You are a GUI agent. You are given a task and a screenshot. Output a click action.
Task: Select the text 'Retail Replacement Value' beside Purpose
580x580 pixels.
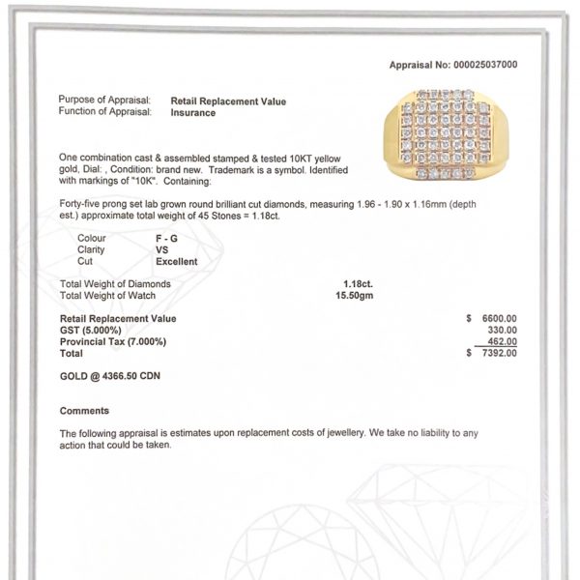228,101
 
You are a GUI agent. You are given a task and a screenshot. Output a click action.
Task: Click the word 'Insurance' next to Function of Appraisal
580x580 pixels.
193,112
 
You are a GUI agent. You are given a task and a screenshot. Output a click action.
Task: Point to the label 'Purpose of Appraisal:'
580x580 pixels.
104,101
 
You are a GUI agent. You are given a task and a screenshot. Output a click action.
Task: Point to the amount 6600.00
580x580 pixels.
499,318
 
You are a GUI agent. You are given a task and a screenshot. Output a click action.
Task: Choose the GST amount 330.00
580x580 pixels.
502,330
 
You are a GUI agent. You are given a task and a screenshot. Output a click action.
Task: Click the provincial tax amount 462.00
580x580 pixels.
502,341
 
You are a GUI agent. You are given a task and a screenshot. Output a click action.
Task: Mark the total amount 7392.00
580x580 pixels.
499,353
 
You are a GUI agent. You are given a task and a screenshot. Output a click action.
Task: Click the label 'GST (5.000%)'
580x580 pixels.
89,330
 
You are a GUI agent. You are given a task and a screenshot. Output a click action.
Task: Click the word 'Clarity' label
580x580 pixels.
91,249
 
